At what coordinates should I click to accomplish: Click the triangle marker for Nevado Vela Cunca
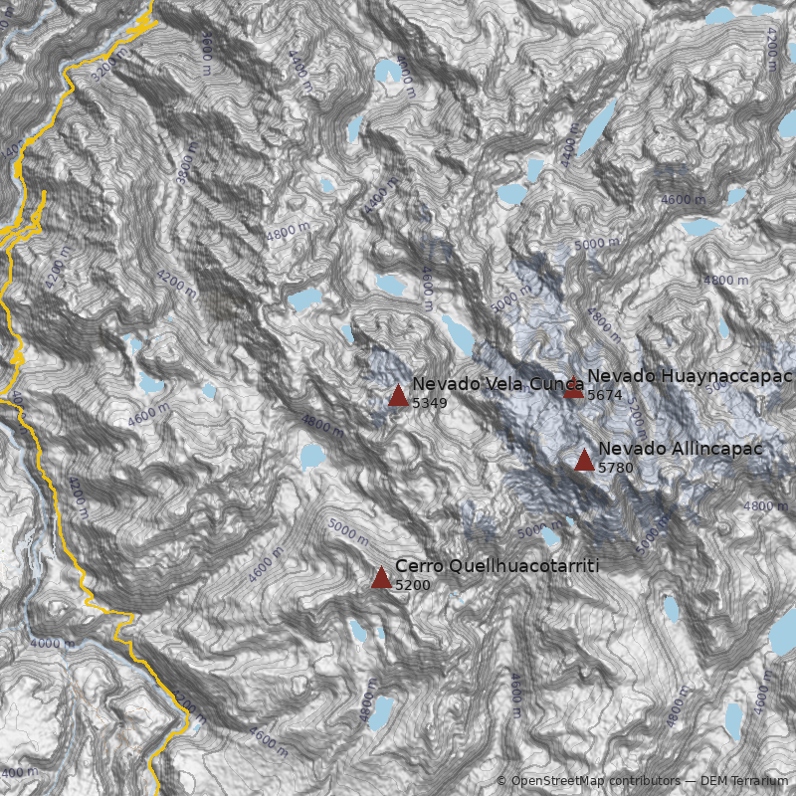398,396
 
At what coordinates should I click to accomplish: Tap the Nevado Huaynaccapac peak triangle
573,388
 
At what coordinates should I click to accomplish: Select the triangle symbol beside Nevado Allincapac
584,460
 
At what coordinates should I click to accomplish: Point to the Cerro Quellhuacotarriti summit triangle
381,577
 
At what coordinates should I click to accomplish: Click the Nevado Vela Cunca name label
497,384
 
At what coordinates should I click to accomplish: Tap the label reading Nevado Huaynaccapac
690,376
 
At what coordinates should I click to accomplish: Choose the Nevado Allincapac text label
681,449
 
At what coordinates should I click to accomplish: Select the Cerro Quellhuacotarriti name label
497,566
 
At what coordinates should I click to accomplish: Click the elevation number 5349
429,404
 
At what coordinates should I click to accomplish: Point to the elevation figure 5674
604,395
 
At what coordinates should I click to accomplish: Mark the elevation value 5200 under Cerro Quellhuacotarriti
412,585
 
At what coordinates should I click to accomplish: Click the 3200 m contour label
109,65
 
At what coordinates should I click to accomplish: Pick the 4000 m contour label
52,643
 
